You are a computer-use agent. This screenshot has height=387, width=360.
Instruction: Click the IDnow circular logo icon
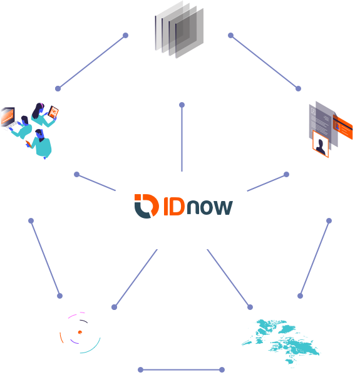point(147,206)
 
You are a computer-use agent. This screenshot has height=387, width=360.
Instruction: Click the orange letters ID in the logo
point(174,206)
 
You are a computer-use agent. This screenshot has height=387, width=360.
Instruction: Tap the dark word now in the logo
point(210,207)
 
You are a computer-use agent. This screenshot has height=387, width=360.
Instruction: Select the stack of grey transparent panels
point(179,29)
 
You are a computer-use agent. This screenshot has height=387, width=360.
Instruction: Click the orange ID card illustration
point(342,127)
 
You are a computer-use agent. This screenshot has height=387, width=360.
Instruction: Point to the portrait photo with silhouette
point(321,144)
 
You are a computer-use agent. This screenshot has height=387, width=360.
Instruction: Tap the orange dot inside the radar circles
point(80,333)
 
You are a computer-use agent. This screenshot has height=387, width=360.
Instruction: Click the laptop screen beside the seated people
point(8,116)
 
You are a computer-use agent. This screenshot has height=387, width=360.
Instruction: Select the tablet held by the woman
point(53,112)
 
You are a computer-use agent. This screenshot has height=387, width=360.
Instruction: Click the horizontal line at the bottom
point(181,369)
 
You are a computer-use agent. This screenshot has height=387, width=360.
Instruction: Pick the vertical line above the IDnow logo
point(182,138)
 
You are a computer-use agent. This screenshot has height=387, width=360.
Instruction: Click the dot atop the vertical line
point(182,105)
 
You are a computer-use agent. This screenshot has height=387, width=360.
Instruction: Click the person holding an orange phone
point(40,143)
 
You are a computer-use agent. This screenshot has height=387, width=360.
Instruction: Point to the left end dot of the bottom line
point(140,369)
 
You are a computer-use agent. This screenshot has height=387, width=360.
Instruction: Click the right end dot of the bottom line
point(222,369)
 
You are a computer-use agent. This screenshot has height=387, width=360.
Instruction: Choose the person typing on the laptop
point(21,127)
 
